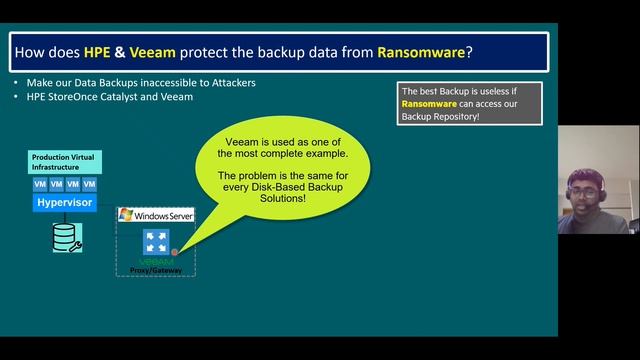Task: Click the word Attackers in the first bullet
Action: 228,82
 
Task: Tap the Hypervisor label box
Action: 64,202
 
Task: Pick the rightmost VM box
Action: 89,185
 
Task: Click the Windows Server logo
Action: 156,215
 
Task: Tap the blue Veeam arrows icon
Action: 155,240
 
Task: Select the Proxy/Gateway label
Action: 155,269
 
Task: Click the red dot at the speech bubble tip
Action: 174,252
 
